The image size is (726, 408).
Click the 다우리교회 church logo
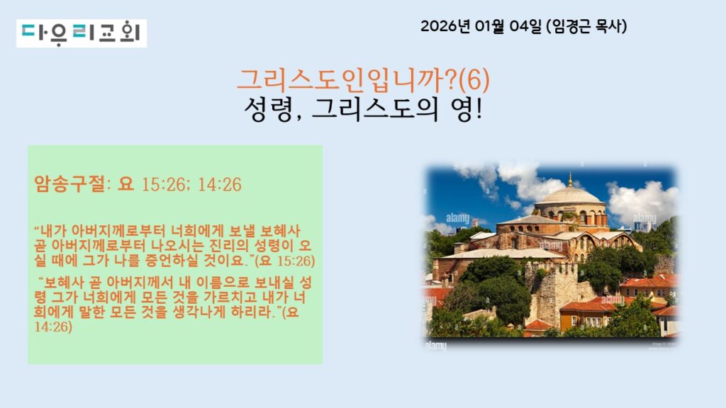point(82,33)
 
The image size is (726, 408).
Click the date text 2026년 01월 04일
point(481,26)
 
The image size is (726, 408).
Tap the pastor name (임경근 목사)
point(586,26)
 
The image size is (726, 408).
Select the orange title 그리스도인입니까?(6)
point(363,80)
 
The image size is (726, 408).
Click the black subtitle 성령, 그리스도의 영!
point(363,110)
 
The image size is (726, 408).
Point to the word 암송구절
point(70,184)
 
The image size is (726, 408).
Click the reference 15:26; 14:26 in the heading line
point(191,185)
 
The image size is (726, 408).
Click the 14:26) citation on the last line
point(53,327)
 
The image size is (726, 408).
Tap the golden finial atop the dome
point(571,179)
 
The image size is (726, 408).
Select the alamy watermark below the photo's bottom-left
point(436,346)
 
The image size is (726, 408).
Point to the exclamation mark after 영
point(479,110)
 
